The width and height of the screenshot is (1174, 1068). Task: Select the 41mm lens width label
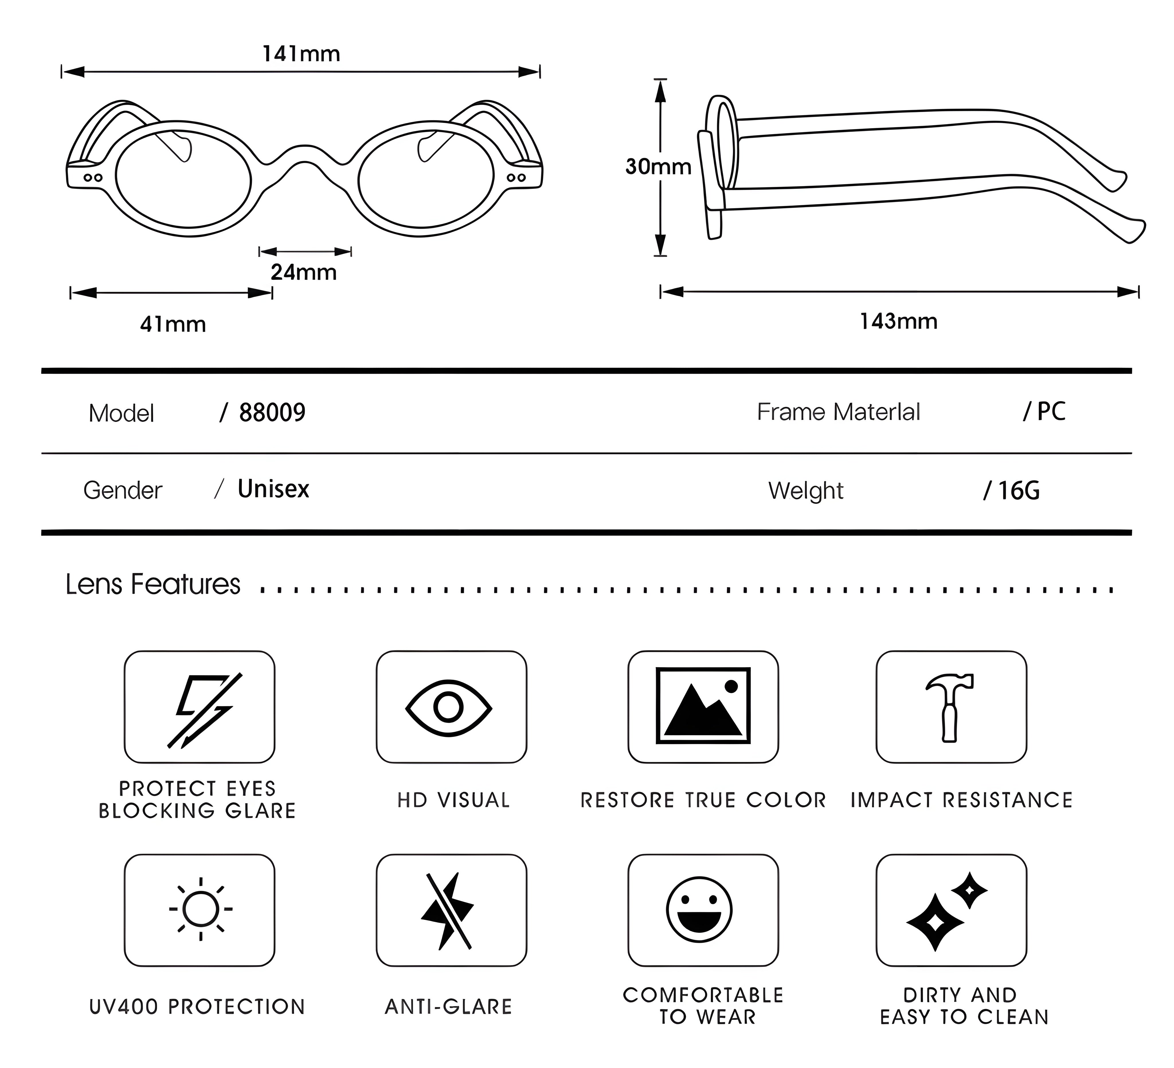(x=173, y=324)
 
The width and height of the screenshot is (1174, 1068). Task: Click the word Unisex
(x=273, y=489)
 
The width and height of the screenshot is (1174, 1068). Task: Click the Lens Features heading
(x=152, y=584)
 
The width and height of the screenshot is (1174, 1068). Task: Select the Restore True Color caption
(x=703, y=800)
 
